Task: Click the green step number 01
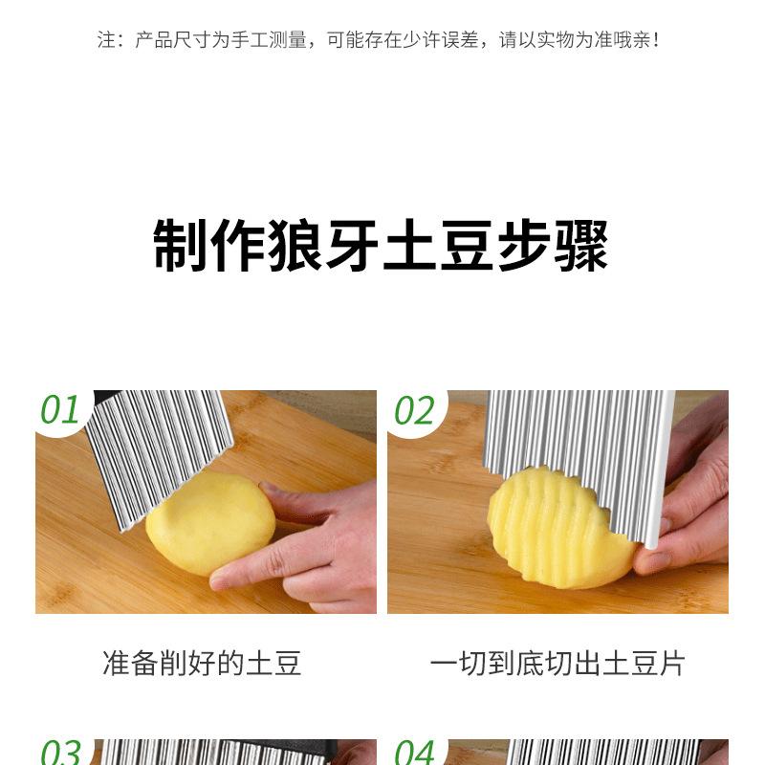coord(59,409)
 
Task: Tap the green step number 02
coord(414,410)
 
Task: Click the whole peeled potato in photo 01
coord(210,522)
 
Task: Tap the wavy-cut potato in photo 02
coord(561,530)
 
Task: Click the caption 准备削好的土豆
coord(202,663)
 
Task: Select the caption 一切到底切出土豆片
coord(557,663)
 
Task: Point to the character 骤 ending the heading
coord(582,245)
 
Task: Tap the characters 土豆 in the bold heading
coord(439,245)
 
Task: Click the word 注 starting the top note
coord(106,40)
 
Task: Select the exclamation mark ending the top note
coord(655,40)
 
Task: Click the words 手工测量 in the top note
coord(269,40)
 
